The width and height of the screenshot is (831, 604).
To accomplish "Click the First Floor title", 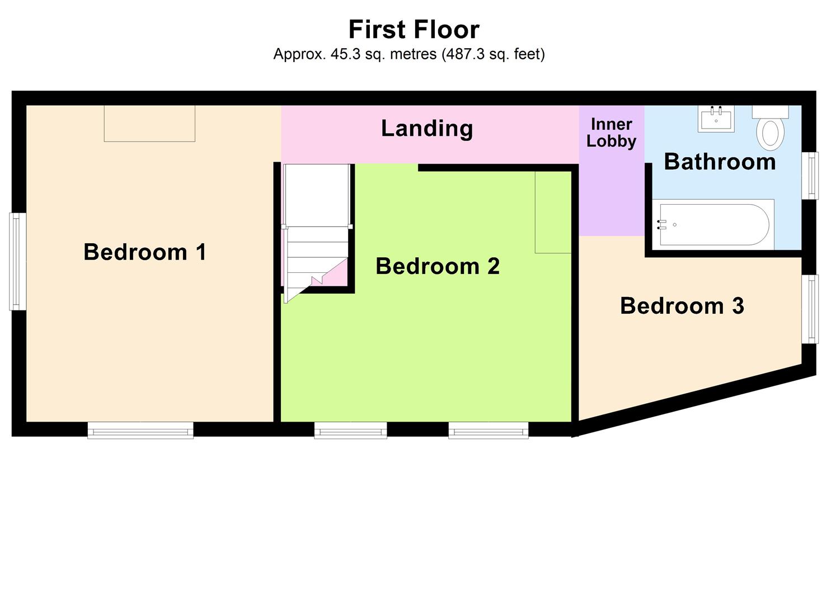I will [414, 30].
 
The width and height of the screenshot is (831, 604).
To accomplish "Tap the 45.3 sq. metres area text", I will [409, 54].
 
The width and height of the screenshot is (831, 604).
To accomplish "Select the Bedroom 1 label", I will [145, 252].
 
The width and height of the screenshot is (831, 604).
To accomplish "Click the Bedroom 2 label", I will [437, 266].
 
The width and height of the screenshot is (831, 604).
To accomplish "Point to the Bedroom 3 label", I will [682, 306].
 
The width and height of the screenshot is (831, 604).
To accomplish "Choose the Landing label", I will [427, 129].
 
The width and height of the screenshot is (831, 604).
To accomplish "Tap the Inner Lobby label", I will [611, 133].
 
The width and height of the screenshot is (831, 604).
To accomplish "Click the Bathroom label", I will [720, 162].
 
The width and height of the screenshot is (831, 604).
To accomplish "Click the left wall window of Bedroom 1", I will [18, 261].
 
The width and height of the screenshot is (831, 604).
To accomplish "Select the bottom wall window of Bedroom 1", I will [140, 430].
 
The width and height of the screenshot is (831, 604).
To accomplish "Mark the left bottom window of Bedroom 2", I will [350, 430].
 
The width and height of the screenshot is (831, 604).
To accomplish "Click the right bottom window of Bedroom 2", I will [488, 430].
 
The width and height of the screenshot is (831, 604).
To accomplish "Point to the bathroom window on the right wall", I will [810, 176].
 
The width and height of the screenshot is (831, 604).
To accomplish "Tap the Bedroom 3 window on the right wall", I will [810, 309].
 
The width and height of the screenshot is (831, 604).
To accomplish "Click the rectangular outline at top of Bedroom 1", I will [149, 123].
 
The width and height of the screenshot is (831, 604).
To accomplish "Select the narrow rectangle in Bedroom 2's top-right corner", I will [553, 212].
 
